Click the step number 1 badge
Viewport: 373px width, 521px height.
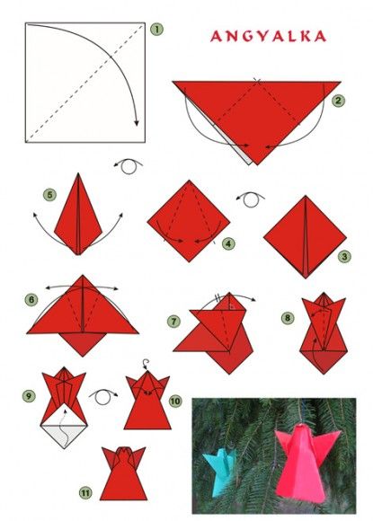click(156, 30)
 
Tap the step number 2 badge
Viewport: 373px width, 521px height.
click(338, 101)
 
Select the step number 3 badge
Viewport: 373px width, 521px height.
click(344, 256)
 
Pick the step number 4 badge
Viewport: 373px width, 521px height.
click(228, 243)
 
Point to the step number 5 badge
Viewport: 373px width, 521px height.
click(49, 194)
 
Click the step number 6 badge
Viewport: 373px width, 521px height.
click(31, 300)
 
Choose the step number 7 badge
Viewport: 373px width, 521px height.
click(173, 322)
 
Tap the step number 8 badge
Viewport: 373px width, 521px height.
click(288, 318)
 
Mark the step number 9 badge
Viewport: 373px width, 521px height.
click(29, 396)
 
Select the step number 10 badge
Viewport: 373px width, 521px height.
click(175, 401)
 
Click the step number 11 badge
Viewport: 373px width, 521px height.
click(85, 492)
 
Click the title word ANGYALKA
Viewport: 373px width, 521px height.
click(268, 36)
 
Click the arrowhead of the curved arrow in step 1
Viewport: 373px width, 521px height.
click(137, 122)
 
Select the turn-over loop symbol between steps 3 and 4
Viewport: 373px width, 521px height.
click(251, 199)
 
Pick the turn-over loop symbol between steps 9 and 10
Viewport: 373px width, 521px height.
click(102, 396)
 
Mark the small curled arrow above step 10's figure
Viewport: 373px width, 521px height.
click(145, 364)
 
